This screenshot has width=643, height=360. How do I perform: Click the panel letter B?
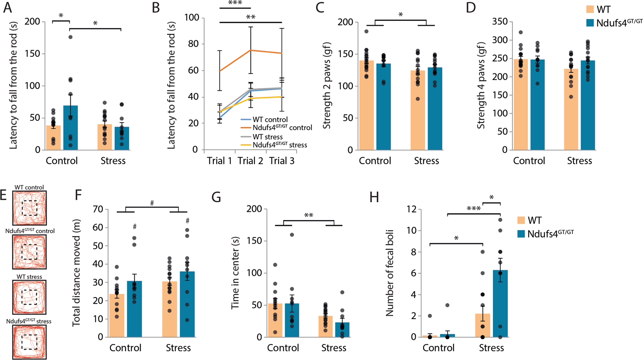click(x=156, y=8)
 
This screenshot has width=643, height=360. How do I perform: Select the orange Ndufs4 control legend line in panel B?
click(x=246, y=128)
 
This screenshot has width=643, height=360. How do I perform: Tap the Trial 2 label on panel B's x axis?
click(x=250, y=161)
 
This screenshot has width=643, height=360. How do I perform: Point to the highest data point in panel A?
click(x=70, y=37)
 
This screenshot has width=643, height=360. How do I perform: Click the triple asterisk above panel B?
click(x=235, y=3)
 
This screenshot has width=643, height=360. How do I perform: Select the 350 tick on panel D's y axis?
click(x=500, y=22)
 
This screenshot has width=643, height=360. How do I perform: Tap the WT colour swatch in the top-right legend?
click(x=590, y=9)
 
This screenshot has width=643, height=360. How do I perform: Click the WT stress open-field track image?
click(x=29, y=297)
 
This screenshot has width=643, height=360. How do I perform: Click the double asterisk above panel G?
click(x=309, y=215)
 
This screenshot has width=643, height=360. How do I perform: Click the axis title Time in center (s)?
click(x=235, y=273)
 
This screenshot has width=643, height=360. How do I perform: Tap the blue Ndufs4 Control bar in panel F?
click(x=134, y=309)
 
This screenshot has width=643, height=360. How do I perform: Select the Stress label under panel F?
click(x=178, y=348)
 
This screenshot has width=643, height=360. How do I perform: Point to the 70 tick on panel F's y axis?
click(x=97, y=209)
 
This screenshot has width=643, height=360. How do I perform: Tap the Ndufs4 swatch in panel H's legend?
click(x=521, y=234)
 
